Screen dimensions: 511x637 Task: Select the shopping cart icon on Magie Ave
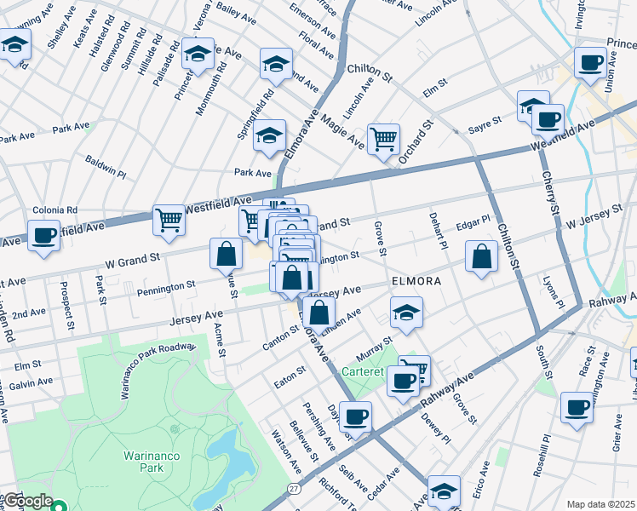(383, 138)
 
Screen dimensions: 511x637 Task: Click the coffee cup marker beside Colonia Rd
(43, 235)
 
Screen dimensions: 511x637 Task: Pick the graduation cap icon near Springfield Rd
(270, 136)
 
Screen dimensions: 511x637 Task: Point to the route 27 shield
(294, 488)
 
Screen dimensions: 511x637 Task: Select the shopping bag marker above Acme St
(227, 253)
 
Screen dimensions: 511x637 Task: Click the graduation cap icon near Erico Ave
(444, 491)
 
